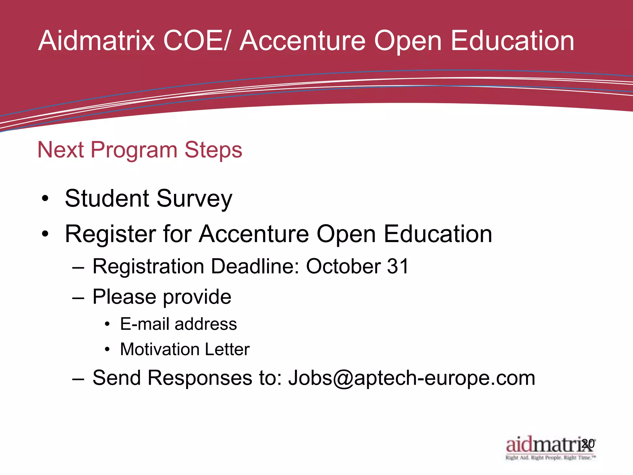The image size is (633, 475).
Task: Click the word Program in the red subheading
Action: [x=134, y=150]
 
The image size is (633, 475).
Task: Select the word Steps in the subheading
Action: [x=213, y=150]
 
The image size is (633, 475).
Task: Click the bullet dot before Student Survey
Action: [x=45, y=199]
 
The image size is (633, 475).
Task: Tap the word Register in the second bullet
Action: [x=110, y=234]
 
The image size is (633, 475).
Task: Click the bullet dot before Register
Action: [x=45, y=234]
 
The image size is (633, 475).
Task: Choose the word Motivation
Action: [x=160, y=349]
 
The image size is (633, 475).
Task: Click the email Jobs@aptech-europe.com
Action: [x=411, y=378]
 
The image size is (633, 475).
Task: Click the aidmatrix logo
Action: [x=544, y=444]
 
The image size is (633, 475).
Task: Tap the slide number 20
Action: [x=588, y=443]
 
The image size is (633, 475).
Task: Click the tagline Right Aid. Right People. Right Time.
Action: [x=550, y=458]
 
